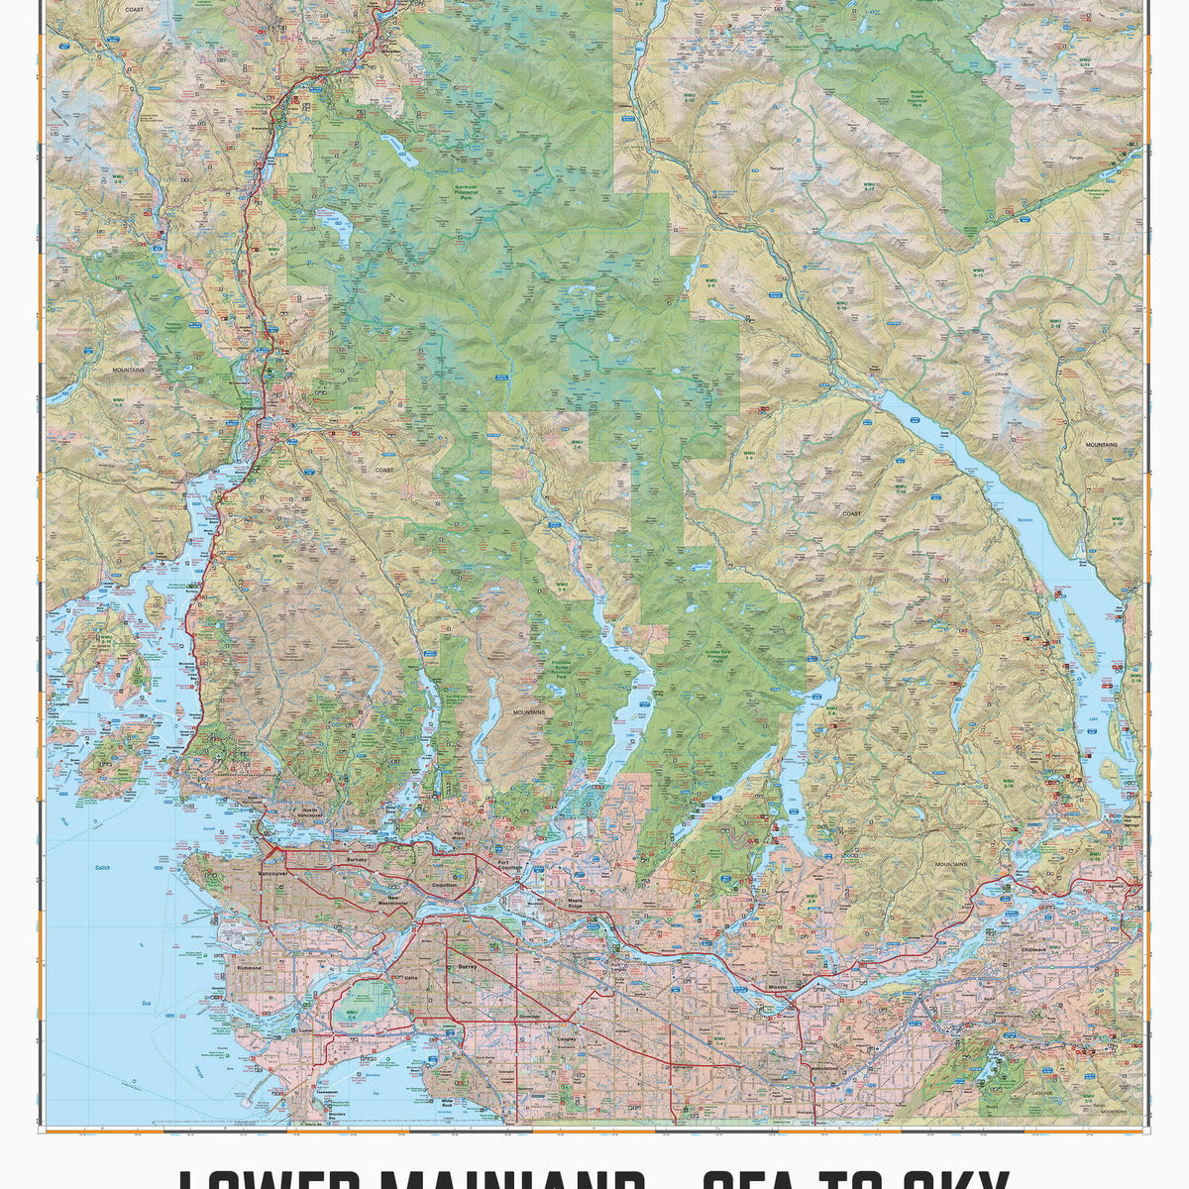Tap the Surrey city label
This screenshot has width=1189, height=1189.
point(466,962)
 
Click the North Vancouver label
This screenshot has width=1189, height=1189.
point(312,812)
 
